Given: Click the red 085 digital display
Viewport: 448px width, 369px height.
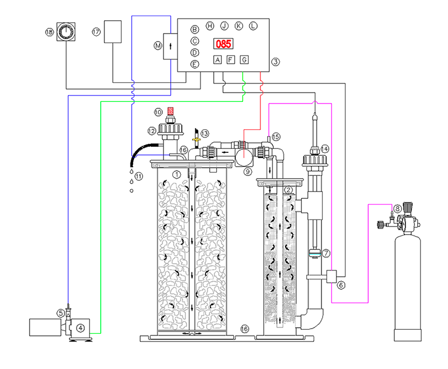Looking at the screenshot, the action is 223,44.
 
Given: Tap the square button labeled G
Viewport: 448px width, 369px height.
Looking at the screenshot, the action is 244,60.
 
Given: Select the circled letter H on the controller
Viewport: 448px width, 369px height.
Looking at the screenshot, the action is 210,26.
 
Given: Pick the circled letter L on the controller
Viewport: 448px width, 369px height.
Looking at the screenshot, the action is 253,26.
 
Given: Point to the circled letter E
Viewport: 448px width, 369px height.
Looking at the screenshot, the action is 194,64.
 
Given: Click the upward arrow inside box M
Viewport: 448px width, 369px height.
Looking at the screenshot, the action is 171,46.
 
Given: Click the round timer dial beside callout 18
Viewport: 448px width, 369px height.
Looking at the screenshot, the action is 66,32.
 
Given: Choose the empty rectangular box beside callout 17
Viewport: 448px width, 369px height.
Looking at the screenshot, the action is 113,32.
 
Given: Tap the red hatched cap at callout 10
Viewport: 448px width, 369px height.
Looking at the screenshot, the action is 170,111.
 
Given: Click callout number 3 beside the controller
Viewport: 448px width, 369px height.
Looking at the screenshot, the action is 276,62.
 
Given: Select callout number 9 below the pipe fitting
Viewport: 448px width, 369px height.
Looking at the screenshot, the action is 248,172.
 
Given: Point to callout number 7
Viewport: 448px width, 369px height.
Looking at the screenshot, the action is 326,253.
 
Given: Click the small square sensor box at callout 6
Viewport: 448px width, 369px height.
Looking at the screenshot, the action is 332,277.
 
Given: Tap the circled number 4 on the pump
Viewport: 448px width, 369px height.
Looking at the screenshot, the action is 81,328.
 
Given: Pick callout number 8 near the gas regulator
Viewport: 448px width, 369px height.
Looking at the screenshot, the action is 397,209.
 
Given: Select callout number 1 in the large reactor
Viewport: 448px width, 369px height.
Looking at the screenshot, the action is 177,174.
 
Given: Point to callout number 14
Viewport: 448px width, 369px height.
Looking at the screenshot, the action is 325,149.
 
